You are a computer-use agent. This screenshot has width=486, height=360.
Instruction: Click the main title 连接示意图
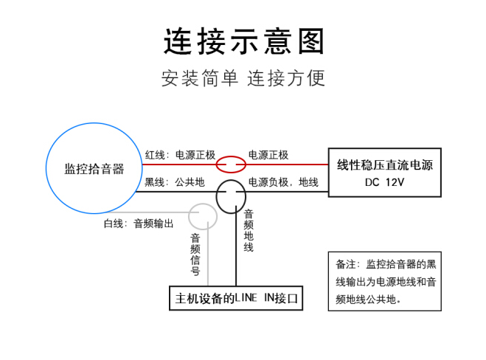pos(243,41)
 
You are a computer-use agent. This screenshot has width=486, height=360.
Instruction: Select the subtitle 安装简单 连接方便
pos(243,78)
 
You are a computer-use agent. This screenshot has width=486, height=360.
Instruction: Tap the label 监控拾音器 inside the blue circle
pos(94,169)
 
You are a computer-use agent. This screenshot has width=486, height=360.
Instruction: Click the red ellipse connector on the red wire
pos(231,156)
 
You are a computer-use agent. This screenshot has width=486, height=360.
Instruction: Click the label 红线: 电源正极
pos(180,155)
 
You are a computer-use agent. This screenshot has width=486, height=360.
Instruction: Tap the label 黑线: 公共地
pos(175,182)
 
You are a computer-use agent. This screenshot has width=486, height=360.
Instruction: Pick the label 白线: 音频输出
pos(138,224)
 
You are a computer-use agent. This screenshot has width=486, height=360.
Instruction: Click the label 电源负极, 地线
pos(283,182)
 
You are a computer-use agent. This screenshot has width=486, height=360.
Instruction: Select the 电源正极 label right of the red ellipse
pos(268,155)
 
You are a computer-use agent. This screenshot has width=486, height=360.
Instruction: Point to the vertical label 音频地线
pos(249,231)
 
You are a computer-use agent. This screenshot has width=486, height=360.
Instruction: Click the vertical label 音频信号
pos(195,255)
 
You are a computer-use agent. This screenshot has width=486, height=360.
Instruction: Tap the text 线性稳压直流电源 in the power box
pos(385,165)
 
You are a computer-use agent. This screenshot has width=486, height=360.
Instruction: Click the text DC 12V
pos(385,182)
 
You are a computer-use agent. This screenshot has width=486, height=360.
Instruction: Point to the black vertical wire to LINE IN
pos(236,246)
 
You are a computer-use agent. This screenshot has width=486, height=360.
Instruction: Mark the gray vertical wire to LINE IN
pos(208,254)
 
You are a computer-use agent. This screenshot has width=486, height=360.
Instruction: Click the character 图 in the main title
pos(311,41)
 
